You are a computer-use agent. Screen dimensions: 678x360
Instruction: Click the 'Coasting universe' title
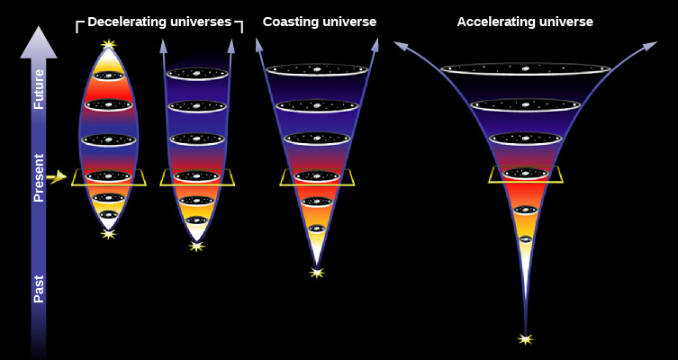tap(320, 22)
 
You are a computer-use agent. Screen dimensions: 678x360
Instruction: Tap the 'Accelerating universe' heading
tap(525, 22)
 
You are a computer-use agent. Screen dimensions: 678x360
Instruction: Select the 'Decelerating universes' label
tap(159, 22)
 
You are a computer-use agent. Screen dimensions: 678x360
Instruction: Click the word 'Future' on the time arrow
tap(39, 89)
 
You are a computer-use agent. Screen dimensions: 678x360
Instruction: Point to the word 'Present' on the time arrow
tap(39, 177)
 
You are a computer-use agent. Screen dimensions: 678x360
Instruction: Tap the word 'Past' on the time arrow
tap(39, 289)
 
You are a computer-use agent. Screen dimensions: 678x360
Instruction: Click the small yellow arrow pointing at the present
tap(57, 176)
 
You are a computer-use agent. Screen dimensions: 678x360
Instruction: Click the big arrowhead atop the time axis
tap(39, 42)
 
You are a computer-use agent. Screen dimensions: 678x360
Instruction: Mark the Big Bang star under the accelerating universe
tap(525, 338)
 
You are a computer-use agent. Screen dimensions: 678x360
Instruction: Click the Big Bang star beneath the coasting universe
tap(317, 273)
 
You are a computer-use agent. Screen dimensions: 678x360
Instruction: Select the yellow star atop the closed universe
tap(109, 44)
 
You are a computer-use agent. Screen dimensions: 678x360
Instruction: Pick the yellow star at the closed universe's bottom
tap(109, 234)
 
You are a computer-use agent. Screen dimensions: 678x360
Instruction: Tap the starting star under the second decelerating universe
tap(197, 247)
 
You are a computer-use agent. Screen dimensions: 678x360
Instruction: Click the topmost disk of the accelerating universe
tap(525, 69)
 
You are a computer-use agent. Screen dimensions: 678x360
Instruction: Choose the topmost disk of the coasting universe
tap(317, 69)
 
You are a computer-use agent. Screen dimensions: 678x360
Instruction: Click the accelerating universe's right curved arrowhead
tap(651, 45)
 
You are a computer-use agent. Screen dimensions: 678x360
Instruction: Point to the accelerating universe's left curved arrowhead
tap(400, 45)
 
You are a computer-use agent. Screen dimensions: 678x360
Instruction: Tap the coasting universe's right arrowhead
tap(375, 44)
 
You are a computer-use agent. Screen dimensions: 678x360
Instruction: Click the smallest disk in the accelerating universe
tap(525, 239)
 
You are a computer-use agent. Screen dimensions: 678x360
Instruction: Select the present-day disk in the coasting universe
tap(317, 176)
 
